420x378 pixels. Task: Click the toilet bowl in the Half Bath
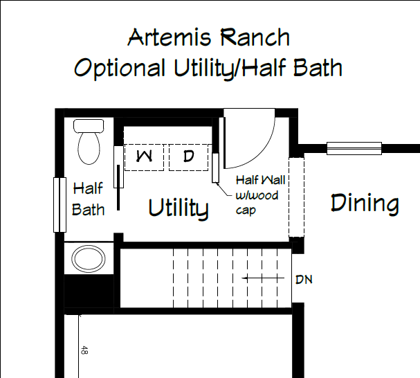[89, 148]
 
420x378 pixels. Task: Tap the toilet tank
[89, 126]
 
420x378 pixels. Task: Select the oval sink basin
[89, 259]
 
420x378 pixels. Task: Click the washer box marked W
[144, 157]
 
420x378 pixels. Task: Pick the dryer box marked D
[189, 157]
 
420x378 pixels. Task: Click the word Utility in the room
[179, 208]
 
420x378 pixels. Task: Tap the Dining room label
[365, 203]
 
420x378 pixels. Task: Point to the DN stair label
[304, 280]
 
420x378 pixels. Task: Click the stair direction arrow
[263, 278]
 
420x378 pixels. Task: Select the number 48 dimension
[84, 350]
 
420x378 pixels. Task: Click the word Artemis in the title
[170, 37]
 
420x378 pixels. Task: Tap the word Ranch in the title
[255, 37]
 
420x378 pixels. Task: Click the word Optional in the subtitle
[120, 68]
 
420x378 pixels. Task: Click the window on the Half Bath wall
[60, 204]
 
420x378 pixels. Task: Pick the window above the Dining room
[354, 148]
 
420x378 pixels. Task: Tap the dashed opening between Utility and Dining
[296, 197]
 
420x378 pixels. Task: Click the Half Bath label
[88, 199]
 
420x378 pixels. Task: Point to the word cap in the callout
[246, 210]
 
